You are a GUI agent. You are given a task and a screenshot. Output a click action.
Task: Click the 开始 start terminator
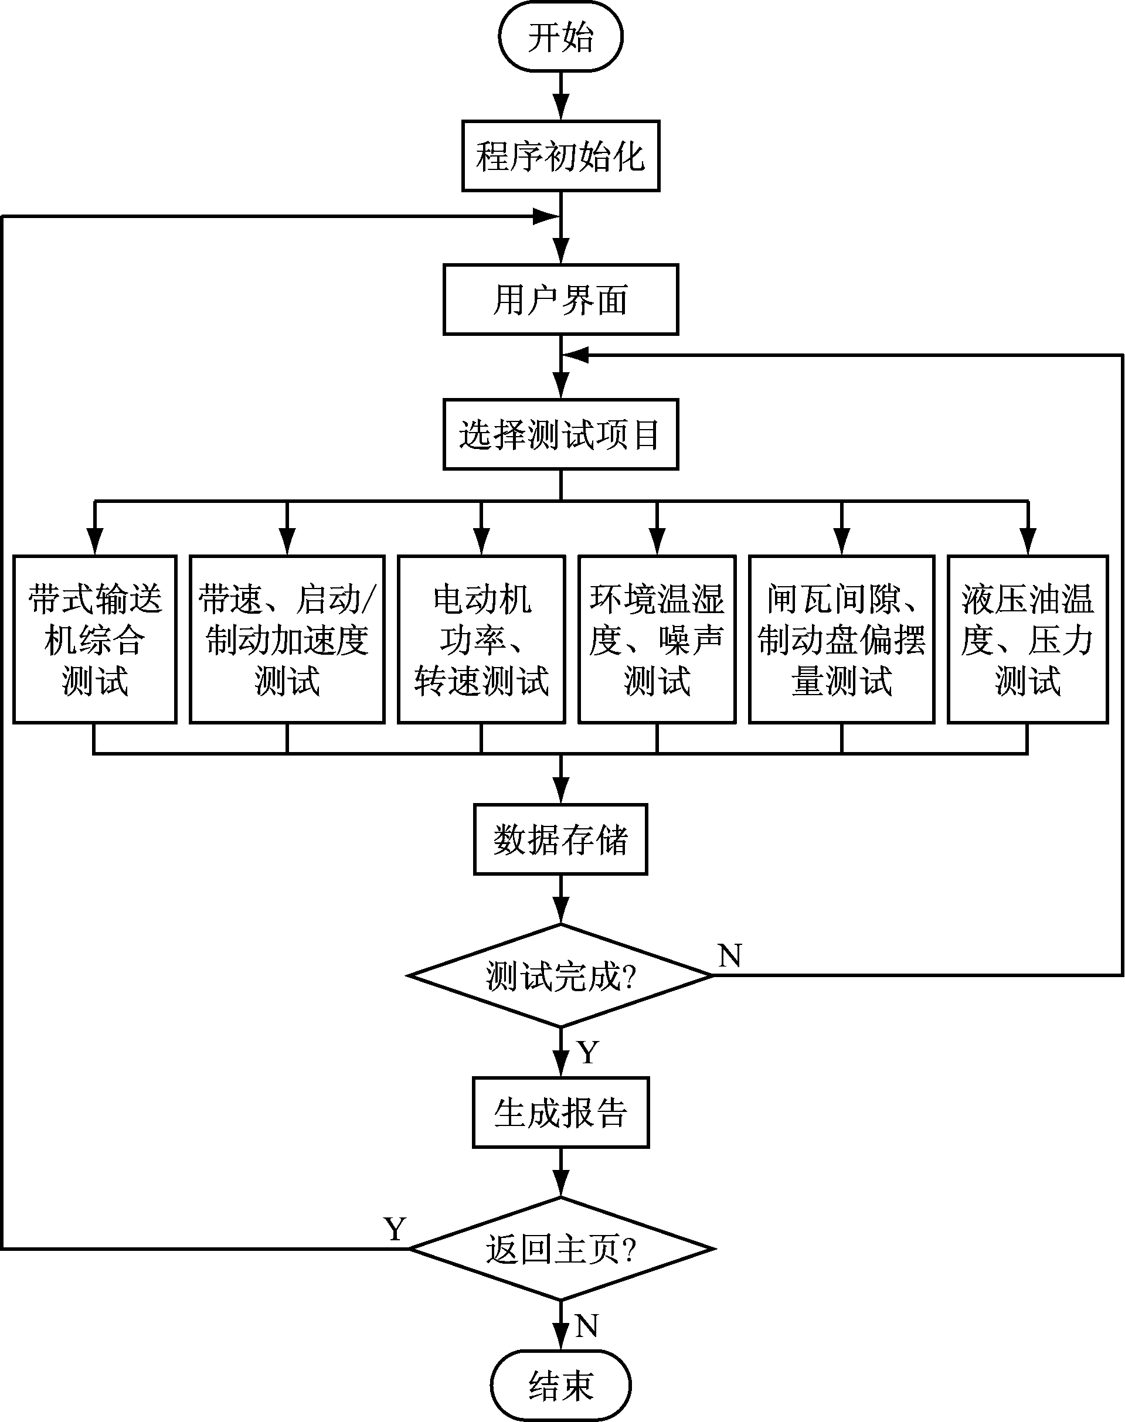tap(560, 37)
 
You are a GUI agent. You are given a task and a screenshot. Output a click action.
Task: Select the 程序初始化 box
tap(560, 156)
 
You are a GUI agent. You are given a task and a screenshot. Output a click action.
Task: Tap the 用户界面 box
tap(560, 300)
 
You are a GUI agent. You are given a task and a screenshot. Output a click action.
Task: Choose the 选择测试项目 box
tap(560, 434)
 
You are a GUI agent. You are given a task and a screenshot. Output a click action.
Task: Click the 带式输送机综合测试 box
tap(95, 639)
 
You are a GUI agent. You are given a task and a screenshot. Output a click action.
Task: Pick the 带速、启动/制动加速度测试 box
tap(287, 639)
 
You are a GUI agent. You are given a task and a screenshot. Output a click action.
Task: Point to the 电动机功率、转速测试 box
tap(481, 639)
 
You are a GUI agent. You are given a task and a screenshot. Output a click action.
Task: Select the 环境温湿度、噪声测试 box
tap(657, 639)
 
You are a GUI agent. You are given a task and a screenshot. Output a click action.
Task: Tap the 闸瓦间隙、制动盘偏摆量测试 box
tap(842, 639)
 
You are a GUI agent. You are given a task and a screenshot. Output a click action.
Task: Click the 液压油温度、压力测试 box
tap(1028, 639)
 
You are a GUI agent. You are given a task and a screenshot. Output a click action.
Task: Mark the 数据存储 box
tap(560, 839)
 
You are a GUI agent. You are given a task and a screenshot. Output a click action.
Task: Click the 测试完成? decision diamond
tap(560, 975)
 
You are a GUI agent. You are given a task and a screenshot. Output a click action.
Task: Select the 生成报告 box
tap(560, 1113)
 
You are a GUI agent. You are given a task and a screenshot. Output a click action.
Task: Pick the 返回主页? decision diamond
tap(560, 1248)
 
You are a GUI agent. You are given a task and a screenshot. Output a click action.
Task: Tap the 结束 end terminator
tap(560, 1384)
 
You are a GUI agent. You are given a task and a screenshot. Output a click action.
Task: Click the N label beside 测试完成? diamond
tap(730, 955)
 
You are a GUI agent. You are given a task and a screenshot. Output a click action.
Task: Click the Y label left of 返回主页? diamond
tap(395, 1229)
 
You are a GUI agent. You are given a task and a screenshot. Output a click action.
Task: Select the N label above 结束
tap(586, 1325)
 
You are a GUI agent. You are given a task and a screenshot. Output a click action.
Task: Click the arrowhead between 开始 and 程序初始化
tap(560, 107)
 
